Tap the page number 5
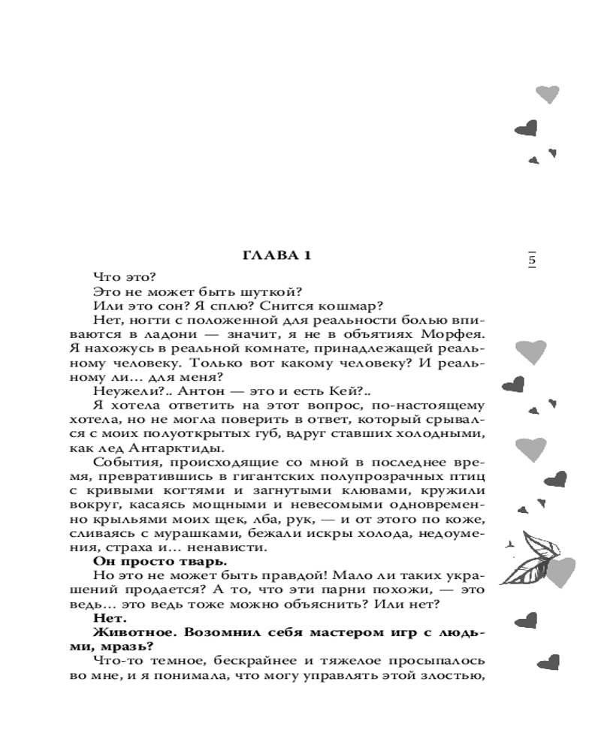tap(532, 261)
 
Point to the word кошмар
tap(355, 306)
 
